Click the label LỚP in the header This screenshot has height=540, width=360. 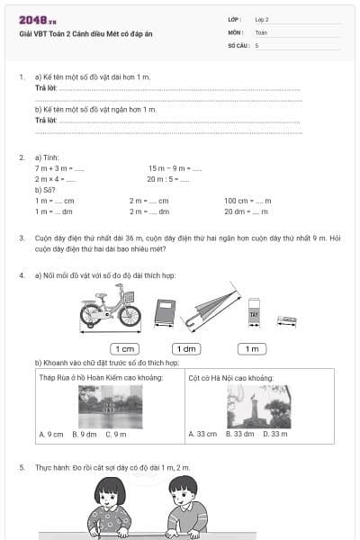tap(235, 18)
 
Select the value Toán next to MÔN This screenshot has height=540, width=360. tap(261, 31)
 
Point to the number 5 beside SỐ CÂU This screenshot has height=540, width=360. tap(257, 44)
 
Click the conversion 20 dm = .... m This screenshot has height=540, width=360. tap(246, 211)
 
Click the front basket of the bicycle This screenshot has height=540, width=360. tap(129, 297)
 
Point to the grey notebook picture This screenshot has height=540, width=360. tap(164, 312)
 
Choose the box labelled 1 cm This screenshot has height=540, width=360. tap(123, 348)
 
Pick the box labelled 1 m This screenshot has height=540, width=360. tap(252, 348)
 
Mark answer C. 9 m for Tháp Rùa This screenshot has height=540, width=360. tap(115, 434)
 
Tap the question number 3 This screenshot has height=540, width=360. tap(22, 238)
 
